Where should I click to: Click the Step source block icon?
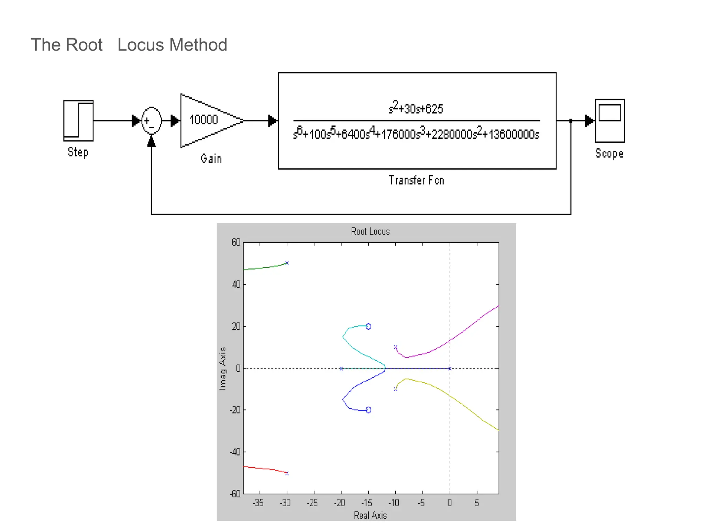pyautogui.click(x=78, y=121)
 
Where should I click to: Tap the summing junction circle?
pyautogui.click(x=152, y=121)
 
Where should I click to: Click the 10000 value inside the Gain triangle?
pyautogui.click(x=203, y=120)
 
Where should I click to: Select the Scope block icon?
pyautogui.click(x=609, y=121)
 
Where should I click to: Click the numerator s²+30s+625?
pyautogui.click(x=416, y=108)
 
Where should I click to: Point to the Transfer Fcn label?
pyautogui.click(x=416, y=180)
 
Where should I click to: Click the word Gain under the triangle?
pyautogui.click(x=211, y=158)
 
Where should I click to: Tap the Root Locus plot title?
pyautogui.click(x=370, y=231)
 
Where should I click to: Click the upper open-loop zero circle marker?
pyautogui.click(x=368, y=326)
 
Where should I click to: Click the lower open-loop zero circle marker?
pyautogui.click(x=368, y=410)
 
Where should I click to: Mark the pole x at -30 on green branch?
pyautogui.click(x=287, y=263)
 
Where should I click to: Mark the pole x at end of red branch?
pyautogui.click(x=287, y=473)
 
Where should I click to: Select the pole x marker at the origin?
pyautogui.click(x=450, y=368)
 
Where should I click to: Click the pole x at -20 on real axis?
pyautogui.click(x=341, y=368)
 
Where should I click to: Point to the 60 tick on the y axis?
pyautogui.click(x=236, y=242)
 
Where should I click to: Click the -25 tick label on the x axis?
pyautogui.click(x=312, y=503)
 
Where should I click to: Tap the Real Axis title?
pyautogui.click(x=370, y=515)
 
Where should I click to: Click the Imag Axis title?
pyautogui.click(x=223, y=368)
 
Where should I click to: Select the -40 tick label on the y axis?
pyautogui.click(x=235, y=452)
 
